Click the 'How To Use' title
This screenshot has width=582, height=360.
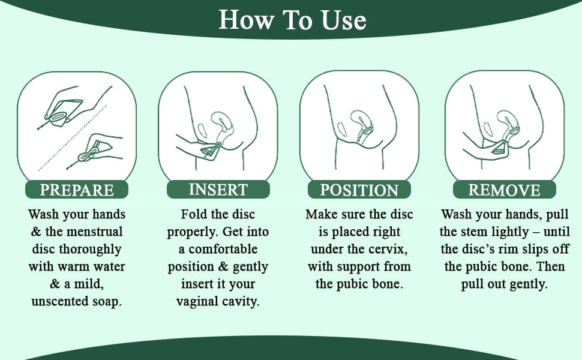coord(292,20)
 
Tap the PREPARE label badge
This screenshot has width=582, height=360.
coord(77,190)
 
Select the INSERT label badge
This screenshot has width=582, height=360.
coord(218,189)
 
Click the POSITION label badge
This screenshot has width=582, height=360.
coord(359,190)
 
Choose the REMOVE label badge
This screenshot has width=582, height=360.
coord(505,190)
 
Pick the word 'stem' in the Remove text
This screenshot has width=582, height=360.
coord(475,232)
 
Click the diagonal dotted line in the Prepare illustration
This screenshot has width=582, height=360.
coord(73,138)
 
